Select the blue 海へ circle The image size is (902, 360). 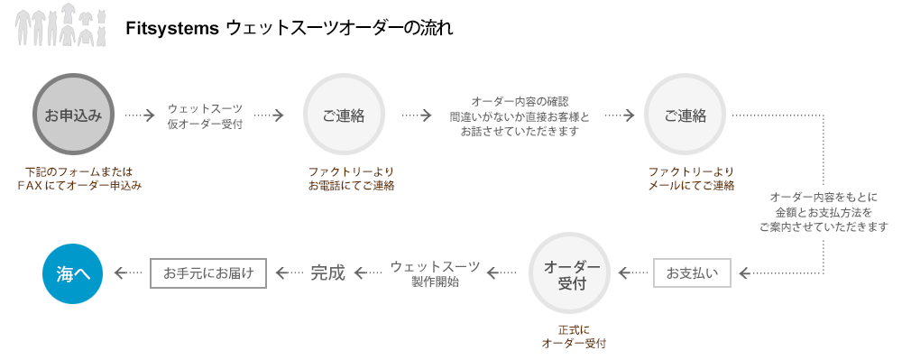pos(73,273)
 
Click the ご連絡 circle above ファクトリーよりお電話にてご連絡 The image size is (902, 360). pos(344,115)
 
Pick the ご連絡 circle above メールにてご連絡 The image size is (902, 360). pos(686,115)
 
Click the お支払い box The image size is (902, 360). pos(692,272)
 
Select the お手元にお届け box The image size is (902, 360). pos(208,272)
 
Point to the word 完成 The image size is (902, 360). pos(327,272)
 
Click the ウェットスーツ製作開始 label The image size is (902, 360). pos(435,273)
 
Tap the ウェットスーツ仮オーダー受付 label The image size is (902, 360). pos(205,115)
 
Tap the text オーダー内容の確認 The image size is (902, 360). pos(520,100)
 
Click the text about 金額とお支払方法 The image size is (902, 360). pos(824,212)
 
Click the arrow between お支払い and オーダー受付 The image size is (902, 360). pos(633,272)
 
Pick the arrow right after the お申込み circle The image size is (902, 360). pos(141,115)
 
